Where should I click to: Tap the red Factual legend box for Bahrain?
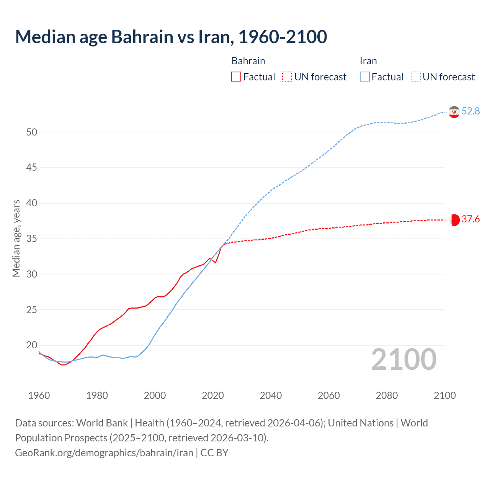(x=236, y=77)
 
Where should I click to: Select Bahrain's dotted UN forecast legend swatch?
(x=287, y=77)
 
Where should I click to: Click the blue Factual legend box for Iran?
(x=365, y=77)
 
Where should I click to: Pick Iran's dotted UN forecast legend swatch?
(x=416, y=77)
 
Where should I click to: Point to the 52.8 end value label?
(x=470, y=111)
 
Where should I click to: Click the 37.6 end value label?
(x=470, y=219)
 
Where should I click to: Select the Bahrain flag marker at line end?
(x=454, y=220)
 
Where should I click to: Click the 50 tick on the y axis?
(x=32, y=132)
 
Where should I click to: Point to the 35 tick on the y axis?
(x=32, y=238)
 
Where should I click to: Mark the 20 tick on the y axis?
(x=32, y=345)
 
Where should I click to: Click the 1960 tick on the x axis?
(x=39, y=395)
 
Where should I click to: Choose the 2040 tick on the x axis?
(x=271, y=395)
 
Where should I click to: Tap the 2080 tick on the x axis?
(x=387, y=395)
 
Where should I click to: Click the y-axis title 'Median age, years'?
(x=16, y=238)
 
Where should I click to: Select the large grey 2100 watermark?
(x=403, y=359)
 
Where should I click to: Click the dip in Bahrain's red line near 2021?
(x=216, y=262)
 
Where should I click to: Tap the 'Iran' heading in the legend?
(x=368, y=61)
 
